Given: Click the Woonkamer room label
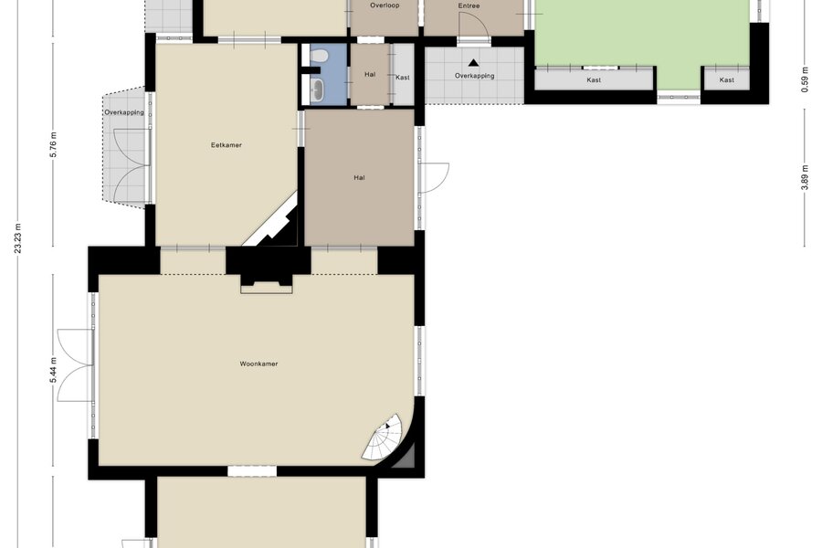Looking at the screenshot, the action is [259, 364].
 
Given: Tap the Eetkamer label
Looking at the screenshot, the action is [227, 145].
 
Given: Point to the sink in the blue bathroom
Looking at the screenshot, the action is [317, 90].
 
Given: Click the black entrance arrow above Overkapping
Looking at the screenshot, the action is [473, 63].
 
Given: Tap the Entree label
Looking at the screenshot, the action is [469, 5].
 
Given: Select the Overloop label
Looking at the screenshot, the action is [385, 5].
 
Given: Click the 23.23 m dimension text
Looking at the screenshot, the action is [18, 238].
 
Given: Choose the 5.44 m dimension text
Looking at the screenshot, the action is [55, 370].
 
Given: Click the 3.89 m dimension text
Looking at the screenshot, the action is [806, 176].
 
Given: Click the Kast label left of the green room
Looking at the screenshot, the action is [594, 80].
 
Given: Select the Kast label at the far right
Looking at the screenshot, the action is [727, 80].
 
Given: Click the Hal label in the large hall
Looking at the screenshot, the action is [359, 178].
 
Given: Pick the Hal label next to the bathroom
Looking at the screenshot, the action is [370, 75].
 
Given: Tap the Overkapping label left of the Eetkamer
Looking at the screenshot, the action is [124, 112].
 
